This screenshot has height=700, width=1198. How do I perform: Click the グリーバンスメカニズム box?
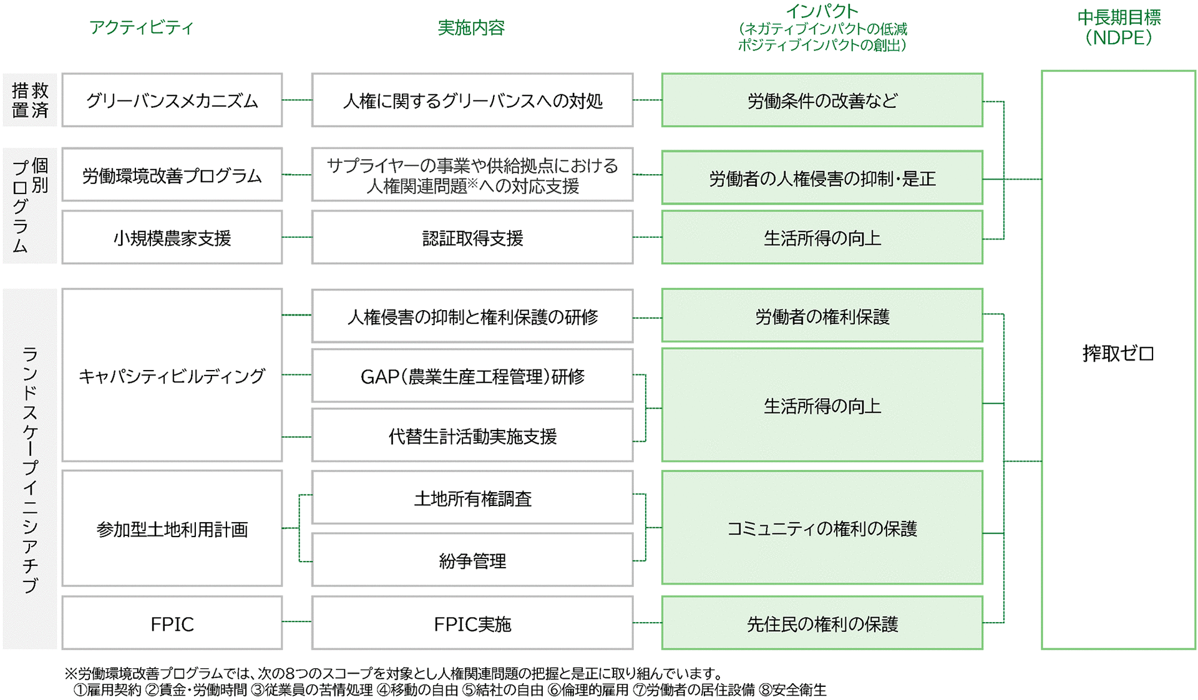click(x=172, y=100)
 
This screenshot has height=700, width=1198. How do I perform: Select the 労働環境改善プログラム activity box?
click(x=172, y=175)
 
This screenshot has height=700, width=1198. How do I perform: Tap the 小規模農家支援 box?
click(x=172, y=237)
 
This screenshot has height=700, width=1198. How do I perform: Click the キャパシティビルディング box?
click(x=172, y=375)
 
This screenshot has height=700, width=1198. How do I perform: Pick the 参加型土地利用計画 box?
click(x=172, y=528)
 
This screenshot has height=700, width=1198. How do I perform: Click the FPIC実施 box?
click(x=472, y=623)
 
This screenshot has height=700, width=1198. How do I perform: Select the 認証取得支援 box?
click(x=472, y=237)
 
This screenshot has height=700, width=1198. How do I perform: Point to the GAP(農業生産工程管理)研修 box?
click(x=472, y=376)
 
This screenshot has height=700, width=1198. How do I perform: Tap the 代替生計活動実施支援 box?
click(x=472, y=435)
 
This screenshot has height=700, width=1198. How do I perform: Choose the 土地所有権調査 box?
click(x=472, y=497)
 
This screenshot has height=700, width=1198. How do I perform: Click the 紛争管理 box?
click(x=472, y=560)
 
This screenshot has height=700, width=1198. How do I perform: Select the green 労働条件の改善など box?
click(x=822, y=100)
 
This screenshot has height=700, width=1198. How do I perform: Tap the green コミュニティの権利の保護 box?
click(x=822, y=528)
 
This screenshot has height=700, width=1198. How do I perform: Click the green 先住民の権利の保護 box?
click(x=822, y=623)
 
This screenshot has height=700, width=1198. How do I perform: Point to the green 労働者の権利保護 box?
click(x=822, y=315)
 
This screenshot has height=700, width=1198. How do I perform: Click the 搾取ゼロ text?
click(x=1118, y=354)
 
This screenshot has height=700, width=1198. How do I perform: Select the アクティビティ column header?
click(x=142, y=27)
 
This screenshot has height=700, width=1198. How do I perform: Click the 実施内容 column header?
click(x=471, y=27)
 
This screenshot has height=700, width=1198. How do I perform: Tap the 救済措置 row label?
click(x=30, y=100)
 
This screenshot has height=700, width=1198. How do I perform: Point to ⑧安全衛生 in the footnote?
click(x=792, y=690)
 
